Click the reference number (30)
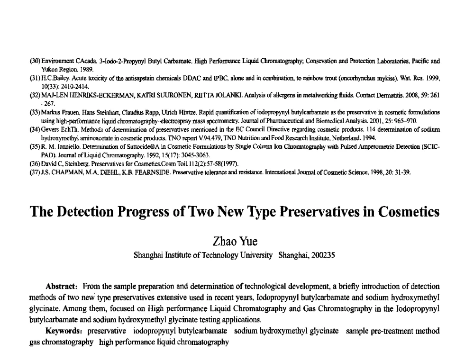point(35,61)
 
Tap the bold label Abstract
point(62,287)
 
